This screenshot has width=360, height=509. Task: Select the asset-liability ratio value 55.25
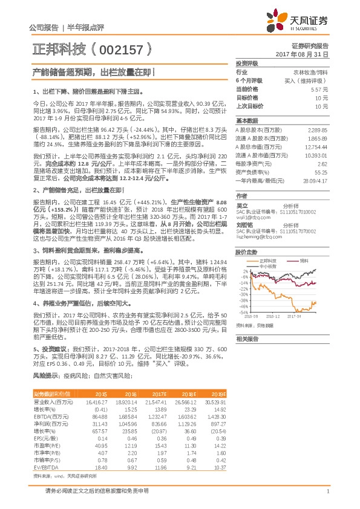320,172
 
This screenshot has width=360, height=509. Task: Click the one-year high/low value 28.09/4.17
315,181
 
